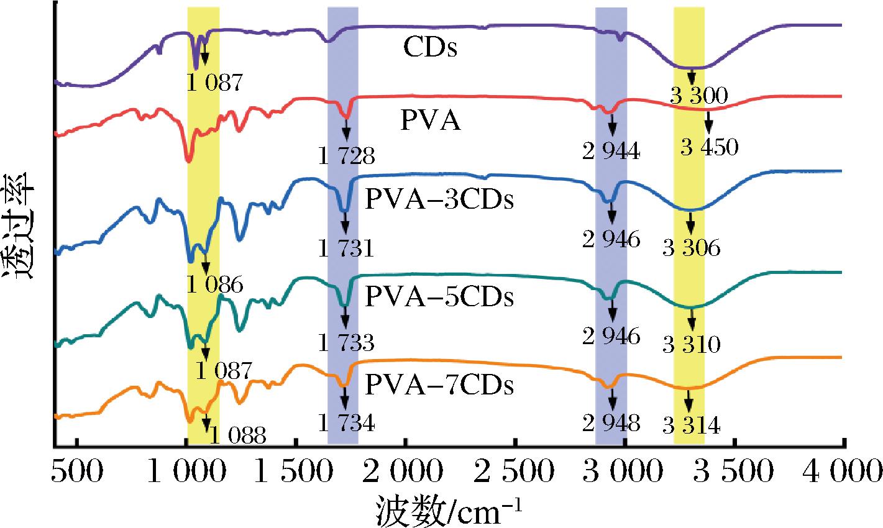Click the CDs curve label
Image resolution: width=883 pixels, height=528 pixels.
click(430, 48)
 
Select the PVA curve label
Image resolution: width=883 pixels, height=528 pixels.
click(430, 120)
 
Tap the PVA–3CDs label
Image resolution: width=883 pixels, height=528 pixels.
click(439, 199)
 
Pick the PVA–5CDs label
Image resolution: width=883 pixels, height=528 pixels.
click(439, 296)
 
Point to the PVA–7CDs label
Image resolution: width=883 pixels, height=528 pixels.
click(439, 385)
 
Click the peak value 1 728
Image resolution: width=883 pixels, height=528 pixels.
click(347, 156)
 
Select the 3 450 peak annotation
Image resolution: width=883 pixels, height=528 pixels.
click(710, 147)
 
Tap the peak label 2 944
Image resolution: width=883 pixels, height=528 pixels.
click(611, 151)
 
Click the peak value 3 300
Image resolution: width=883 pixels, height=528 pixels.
click(699, 96)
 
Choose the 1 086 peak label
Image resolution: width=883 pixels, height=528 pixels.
click(215, 284)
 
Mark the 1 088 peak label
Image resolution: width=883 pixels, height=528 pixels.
click(238, 435)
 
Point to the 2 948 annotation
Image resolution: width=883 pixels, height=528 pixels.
click(611, 423)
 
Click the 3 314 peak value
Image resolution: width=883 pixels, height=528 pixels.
click(692, 426)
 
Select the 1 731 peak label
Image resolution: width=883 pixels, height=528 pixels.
click(347, 248)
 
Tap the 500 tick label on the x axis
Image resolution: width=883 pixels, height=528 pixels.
click(77, 471)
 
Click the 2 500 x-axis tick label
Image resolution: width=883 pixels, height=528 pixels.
click(514, 471)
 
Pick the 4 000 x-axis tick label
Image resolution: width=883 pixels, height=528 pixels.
click(842, 471)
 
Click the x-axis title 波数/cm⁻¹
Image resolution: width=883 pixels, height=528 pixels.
click(449, 511)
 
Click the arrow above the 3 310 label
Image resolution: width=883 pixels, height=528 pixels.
click(692, 319)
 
